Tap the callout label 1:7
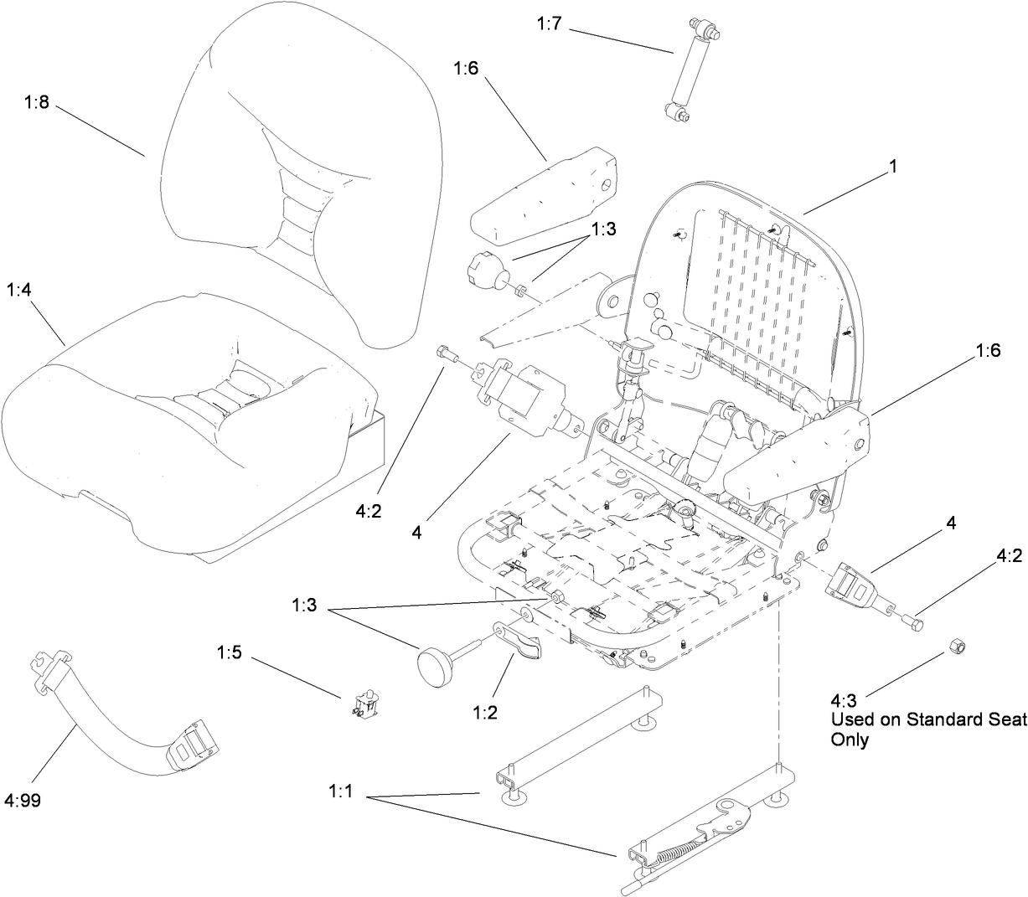click(x=550, y=24)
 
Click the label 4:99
click(x=23, y=801)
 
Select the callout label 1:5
click(x=230, y=651)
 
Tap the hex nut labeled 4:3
click(x=957, y=647)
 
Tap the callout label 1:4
click(x=21, y=291)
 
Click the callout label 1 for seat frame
click(x=892, y=167)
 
